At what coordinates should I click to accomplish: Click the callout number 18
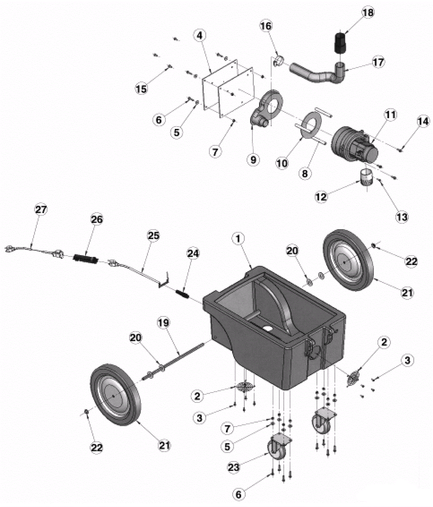point(368,13)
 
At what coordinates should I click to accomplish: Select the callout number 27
point(41,209)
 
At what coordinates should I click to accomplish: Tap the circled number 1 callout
point(238,239)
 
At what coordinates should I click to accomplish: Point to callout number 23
point(234,467)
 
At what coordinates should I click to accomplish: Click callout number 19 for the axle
point(163,323)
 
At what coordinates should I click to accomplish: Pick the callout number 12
point(321,197)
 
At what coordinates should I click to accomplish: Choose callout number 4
point(200,35)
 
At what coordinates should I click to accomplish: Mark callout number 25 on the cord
point(153,236)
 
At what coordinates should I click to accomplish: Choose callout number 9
point(253,160)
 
